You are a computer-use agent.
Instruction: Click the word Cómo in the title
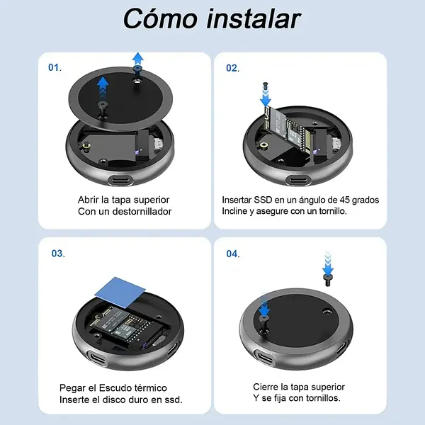point(160,18)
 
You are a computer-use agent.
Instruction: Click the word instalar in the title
point(254,18)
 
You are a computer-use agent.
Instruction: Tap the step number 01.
point(55,67)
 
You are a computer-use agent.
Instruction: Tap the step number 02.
point(233,68)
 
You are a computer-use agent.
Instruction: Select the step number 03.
point(58,254)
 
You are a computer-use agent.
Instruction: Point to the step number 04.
point(233,254)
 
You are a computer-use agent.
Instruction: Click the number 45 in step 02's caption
point(345,200)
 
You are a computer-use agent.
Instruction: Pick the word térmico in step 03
point(150,388)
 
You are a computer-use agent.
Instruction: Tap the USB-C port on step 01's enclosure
point(120,181)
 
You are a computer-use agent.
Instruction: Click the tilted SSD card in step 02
point(288,133)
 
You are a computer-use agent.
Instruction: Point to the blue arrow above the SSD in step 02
point(266,98)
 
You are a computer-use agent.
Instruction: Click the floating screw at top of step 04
point(328,280)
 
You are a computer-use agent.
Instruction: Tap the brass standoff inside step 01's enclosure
point(86,147)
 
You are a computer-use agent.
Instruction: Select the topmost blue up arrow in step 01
point(138,59)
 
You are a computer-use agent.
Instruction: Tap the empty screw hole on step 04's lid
point(327,312)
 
